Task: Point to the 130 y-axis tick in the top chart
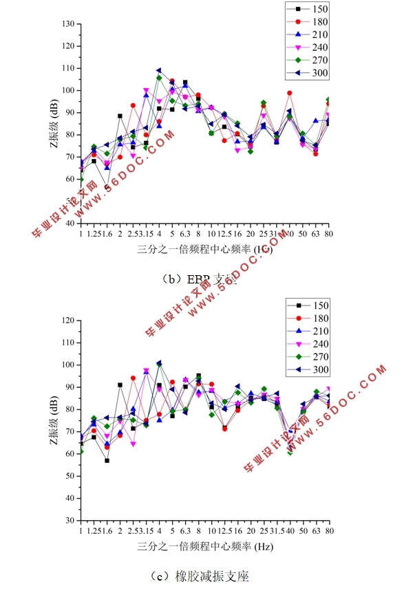tap(68, 24)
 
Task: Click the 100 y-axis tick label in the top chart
tap(68, 91)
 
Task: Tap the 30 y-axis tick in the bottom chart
tap(70, 520)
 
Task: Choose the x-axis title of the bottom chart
tap(204, 548)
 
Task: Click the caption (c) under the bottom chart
tap(204, 575)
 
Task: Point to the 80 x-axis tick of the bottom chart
tap(329, 530)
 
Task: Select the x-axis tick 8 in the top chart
tap(198, 234)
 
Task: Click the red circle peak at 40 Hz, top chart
tap(290, 93)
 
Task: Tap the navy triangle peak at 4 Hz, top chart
tap(159, 70)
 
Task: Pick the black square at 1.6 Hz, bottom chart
tap(107, 460)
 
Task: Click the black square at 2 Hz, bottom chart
tap(120, 385)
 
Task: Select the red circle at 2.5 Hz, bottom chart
tap(133, 378)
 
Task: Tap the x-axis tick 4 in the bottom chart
tap(159, 530)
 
